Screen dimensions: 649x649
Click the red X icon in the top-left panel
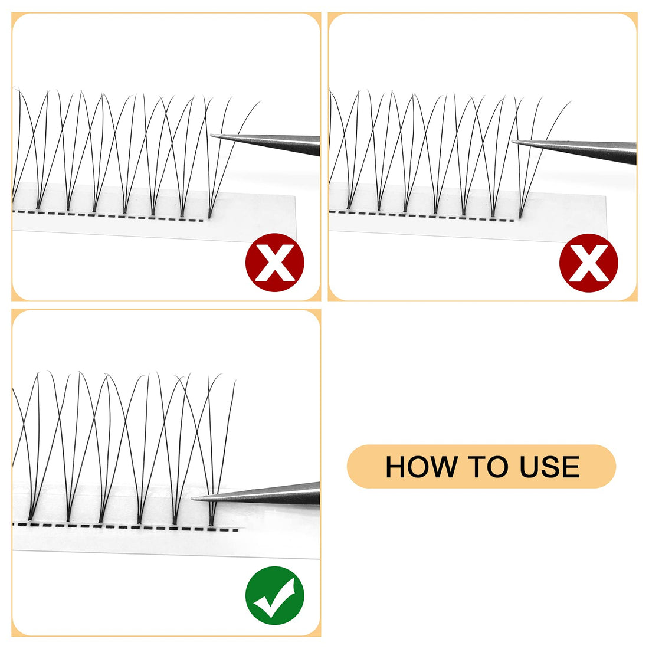(274, 263)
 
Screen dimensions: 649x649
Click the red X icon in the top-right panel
(588, 263)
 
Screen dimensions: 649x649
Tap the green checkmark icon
(274, 595)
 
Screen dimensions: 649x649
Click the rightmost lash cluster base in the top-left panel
(210, 215)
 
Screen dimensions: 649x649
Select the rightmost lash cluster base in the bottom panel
(212, 520)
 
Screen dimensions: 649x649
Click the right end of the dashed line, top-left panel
(202, 221)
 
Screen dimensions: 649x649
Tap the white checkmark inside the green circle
(274, 597)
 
